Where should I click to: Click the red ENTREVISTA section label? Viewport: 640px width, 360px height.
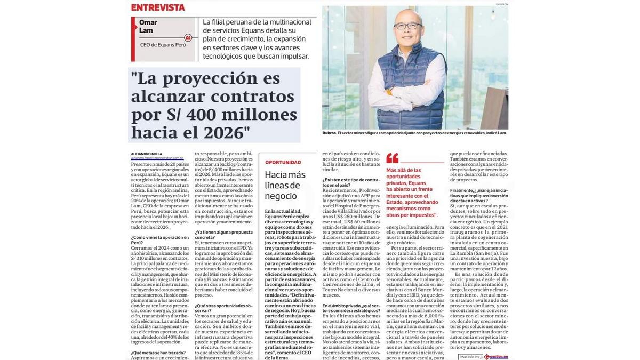click(x=158, y=7)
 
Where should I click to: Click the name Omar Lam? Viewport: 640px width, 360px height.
click(x=148, y=26)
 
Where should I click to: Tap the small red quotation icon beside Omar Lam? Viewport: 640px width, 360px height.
click(x=188, y=38)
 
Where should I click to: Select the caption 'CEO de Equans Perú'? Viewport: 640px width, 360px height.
click(x=163, y=45)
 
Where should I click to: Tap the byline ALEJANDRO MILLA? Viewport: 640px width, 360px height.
click(x=147, y=154)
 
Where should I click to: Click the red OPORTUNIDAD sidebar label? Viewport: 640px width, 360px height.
click(x=283, y=162)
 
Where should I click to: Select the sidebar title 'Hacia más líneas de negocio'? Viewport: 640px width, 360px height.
click(x=285, y=185)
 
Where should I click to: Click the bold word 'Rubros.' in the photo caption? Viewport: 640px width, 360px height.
click(x=329, y=133)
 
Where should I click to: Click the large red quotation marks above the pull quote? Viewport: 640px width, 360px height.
click(x=393, y=158)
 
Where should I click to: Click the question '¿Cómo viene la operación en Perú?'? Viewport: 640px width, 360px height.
click(x=159, y=240)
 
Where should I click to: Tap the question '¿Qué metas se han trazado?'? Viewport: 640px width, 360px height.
click(x=158, y=353)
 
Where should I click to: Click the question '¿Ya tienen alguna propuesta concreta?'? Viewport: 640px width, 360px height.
click(x=223, y=235)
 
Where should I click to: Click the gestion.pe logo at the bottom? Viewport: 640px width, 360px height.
click(x=497, y=356)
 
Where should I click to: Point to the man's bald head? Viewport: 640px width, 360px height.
click(x=405, y=13)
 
